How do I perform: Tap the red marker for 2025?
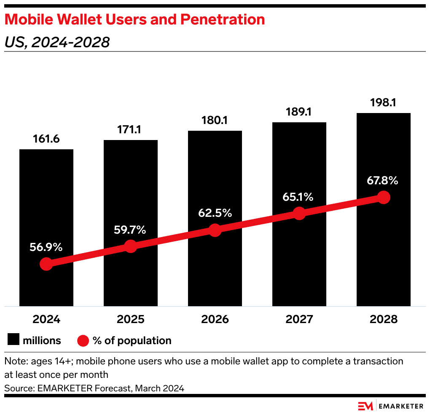[x=131, y=247]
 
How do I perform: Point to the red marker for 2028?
[x=383, y=197]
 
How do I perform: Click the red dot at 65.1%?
[x=299, y=213]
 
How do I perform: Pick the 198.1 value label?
[x=383, y=102]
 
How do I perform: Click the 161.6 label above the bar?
[x=46, y=139]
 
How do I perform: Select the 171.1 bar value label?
[x=131, y=129]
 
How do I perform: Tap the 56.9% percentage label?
[x=46, y=248]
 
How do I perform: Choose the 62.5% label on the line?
[x=215, y=213]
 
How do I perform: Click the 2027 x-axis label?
[x=299, y=319]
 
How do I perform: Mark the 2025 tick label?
[x=131, y=319]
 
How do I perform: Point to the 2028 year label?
[x=383, y=319]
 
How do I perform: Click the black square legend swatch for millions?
[x=14, y=340]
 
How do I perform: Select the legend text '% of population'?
[x=132, y=340]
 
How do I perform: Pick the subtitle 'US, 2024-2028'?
[x=57, y=42]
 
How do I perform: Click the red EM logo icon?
[x=365, y=406]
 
